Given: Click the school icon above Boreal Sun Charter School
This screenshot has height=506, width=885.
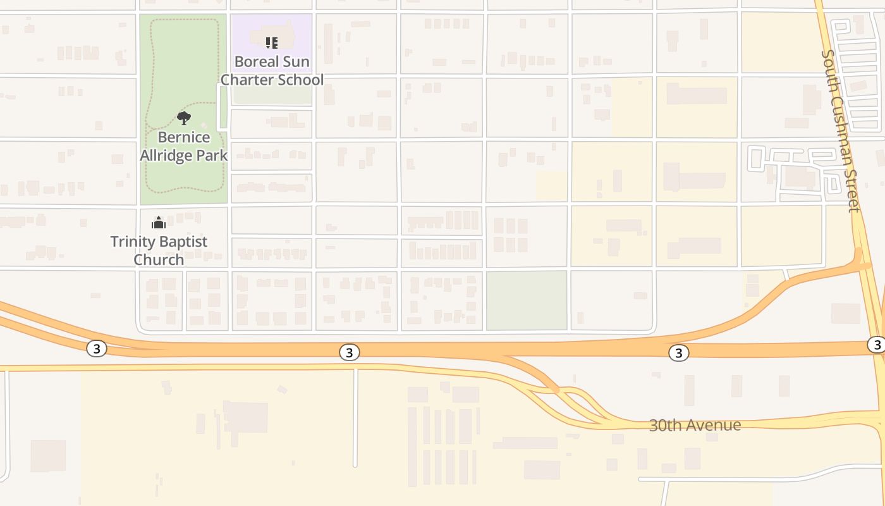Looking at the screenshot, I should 271,43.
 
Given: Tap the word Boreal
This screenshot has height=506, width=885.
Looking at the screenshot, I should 255,62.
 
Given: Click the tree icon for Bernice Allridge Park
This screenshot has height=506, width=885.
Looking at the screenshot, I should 184,118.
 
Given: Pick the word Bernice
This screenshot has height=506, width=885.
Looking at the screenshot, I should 184,137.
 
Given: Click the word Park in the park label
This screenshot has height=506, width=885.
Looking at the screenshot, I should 212,155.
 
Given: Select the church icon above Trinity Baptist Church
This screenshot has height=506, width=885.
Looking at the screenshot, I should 159,223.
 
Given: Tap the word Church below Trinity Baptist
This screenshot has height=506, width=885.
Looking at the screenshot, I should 159,259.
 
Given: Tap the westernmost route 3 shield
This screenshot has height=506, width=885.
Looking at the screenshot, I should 96,349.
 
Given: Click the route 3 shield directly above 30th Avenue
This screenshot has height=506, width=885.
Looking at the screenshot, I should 678,353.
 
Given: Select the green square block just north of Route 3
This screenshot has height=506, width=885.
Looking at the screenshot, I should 527,300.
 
